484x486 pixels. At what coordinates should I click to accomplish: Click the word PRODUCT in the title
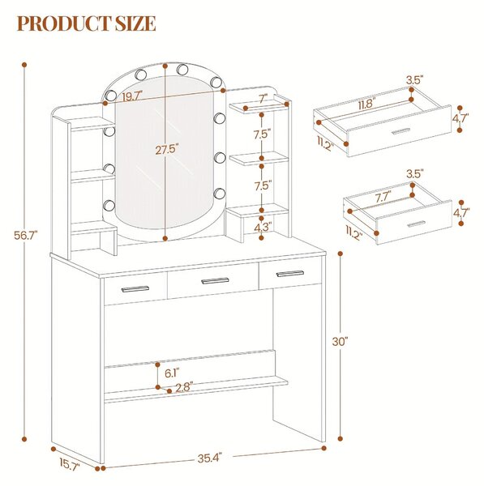[64, 23]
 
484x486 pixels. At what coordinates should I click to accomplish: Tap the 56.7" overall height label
[25, 236]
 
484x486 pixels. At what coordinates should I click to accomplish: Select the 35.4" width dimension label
[210, 458]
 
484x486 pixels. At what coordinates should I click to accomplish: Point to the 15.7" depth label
[70, 465]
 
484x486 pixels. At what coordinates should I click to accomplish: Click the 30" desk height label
[340, 342]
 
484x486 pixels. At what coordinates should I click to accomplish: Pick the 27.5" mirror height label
[168, 150]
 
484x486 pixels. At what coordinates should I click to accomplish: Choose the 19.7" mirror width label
[132, 96]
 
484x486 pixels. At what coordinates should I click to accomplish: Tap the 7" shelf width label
[263, 100]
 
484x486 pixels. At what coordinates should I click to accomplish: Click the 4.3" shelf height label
[263, 228]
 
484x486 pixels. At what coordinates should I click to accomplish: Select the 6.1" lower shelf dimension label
[172, 373]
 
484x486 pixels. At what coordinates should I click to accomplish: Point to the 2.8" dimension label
[184, 387]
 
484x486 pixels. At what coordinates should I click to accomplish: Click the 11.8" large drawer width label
[366, 104]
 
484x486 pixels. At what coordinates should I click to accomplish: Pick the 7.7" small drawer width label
[383, 197]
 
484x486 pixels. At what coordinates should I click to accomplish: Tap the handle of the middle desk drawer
[215, 281]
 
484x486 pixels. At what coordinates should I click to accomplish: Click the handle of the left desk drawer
[135, 289]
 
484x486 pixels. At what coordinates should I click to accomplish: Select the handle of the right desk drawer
[290, 274]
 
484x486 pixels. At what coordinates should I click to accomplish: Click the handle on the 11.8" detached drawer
[400, 131]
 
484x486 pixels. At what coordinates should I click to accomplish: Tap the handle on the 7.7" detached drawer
[417, 224]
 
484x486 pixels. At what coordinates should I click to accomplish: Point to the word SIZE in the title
[135, 23]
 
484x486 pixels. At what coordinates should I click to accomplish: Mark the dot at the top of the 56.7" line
[24, 65]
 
